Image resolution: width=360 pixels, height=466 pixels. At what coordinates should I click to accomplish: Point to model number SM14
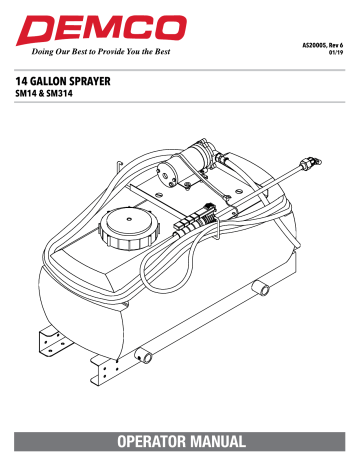pos(29,93)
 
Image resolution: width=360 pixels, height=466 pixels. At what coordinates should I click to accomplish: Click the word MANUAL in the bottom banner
pos(223,440)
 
